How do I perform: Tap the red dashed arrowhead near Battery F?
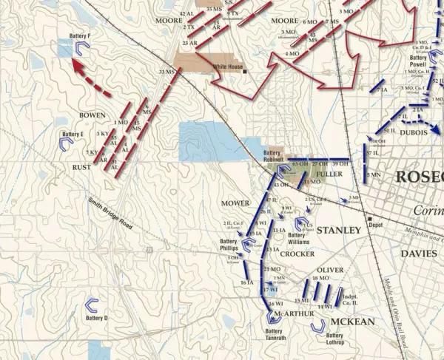click(77, 66)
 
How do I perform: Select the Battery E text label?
click(72, 135)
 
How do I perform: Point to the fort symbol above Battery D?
click(92, 305)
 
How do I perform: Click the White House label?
click(228, 67)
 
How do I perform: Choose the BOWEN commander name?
click(92, 115)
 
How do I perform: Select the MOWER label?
click(235, 202)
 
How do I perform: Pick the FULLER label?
click(329, 174)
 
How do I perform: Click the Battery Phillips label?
click(229, 245)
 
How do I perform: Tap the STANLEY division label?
click(339, 230)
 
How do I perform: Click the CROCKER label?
click(297, 253)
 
